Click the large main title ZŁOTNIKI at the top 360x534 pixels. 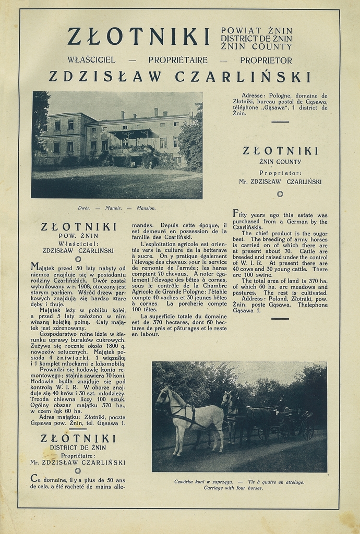click(138, 37)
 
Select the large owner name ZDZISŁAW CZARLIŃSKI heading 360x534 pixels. click(179, 77)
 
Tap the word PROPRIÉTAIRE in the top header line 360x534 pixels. click(178, 60)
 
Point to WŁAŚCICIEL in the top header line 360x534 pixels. click(91, 60)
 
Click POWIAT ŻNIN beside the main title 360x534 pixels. click(256, 31)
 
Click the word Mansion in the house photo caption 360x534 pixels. click(146, 208)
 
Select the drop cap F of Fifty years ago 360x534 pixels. click(236, 213)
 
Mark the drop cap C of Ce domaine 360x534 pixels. click(34, 478)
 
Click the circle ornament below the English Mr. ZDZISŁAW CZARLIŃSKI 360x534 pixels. click(280, 194)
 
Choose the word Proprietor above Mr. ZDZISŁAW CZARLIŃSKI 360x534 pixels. click(280, 173)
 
